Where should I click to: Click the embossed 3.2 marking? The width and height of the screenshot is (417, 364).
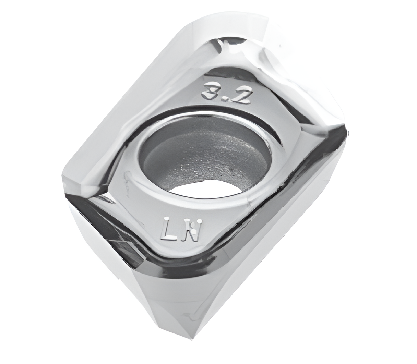pyautogui.click(x=225, y=93)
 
